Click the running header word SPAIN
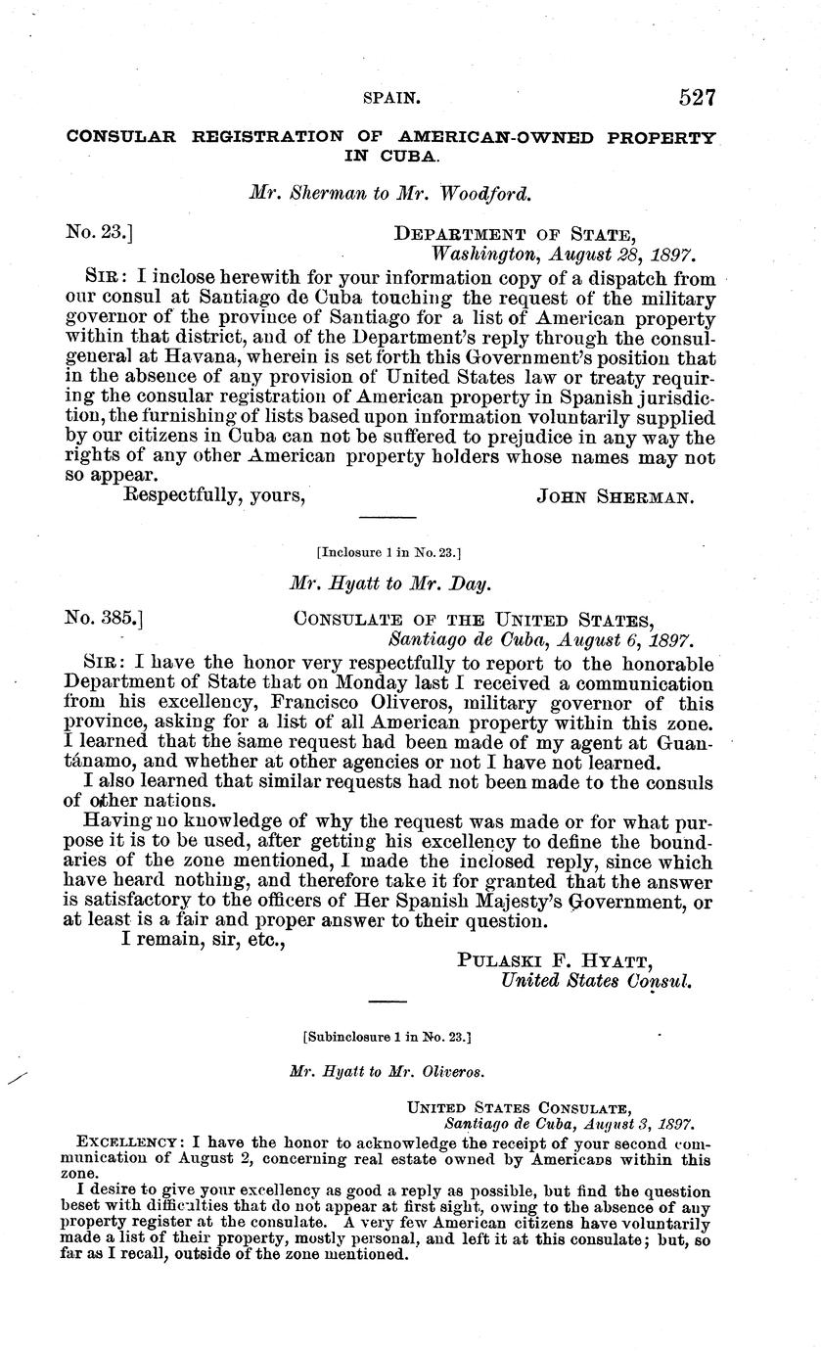[391, 99]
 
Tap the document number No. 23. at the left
[99, 233]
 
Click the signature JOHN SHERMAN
[616, 496]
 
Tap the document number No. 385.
[104, 619]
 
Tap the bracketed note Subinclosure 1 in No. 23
[388, 1034]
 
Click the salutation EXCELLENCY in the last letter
[128, 1142]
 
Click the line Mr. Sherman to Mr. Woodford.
[390, 194]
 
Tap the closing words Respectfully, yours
[214, 495]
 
